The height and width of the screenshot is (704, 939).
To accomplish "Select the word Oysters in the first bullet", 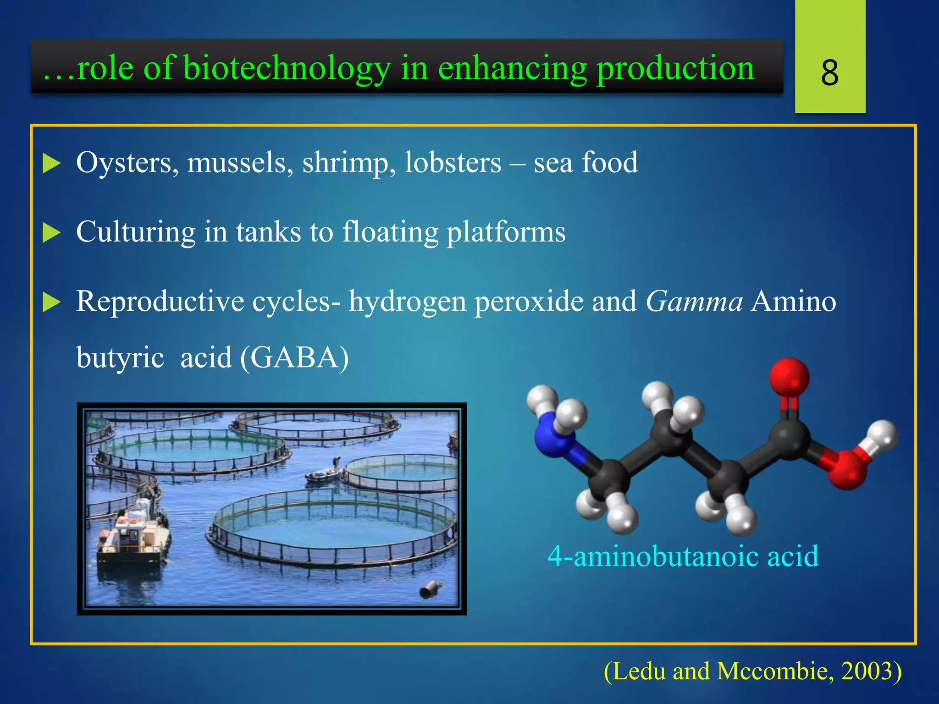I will [x=127, y=163].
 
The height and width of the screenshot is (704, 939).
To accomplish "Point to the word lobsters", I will [x=453, y=163].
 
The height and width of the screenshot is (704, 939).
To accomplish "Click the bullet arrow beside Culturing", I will [x=51, y=232].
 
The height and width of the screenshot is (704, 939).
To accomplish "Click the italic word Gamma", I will [x=694, y=302].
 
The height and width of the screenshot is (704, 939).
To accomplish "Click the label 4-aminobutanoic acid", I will [x=683, y=556].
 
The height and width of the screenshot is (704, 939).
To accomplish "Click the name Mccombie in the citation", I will [x=774, y=671].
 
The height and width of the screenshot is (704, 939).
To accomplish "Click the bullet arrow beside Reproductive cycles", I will [x=51, y=302].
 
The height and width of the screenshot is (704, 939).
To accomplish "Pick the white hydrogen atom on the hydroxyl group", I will [x=882, y=435].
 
